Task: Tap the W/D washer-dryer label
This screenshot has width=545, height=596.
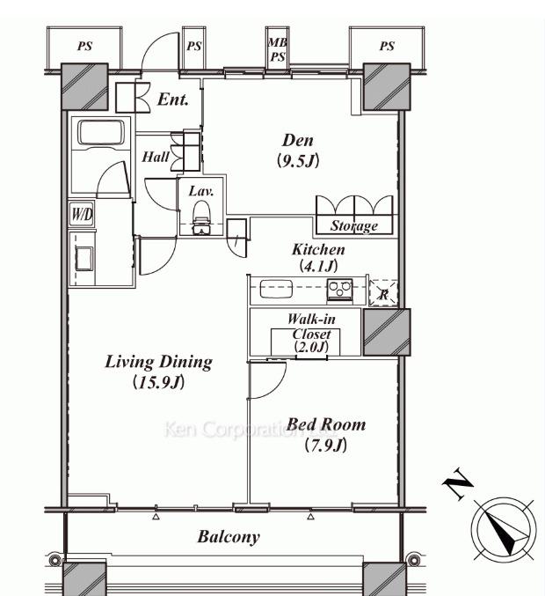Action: [82, 215]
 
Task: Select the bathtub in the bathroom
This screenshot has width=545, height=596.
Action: [101, 133]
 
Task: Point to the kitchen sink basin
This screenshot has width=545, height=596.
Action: [276, 289]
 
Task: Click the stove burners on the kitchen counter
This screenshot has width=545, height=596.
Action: [339, 290]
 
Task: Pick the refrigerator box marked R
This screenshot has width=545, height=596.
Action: [383, 292]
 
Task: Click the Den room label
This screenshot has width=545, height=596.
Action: [298, 141]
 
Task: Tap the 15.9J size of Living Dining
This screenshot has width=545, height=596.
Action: [158, 382]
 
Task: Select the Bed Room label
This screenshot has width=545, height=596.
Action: [326, 423]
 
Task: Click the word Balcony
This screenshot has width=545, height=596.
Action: [229, 537]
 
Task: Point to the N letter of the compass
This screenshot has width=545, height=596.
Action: [458, 484]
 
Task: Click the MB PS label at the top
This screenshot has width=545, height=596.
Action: [278, 49]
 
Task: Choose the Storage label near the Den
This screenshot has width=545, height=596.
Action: [353, 225]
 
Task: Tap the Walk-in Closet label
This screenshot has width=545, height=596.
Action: [311, 326]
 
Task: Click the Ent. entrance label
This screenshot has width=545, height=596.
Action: [173, 99]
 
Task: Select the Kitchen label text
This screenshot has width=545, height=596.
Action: [318, 249]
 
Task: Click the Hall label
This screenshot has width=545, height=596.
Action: [156, 157]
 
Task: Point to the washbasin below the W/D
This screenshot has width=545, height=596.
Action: [84, 259]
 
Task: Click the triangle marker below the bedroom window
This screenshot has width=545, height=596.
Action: [311, 517]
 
